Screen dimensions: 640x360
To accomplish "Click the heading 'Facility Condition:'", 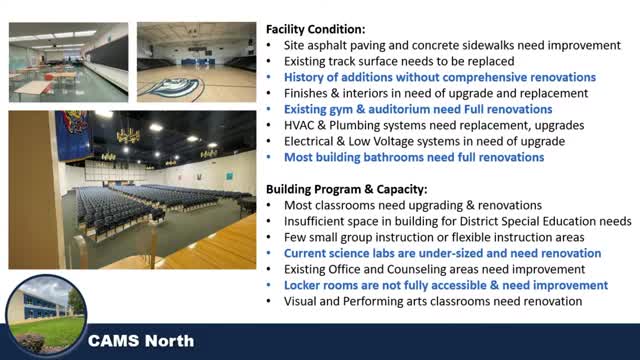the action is point(316,29).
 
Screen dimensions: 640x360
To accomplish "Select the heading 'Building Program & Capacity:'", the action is point(347,189).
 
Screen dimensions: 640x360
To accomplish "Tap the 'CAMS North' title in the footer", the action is point(141,341).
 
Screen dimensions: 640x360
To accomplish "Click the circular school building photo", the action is point(46,316).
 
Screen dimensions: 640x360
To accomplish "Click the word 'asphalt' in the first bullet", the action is point(320,46).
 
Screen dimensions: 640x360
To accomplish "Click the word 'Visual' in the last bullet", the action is point(299,301).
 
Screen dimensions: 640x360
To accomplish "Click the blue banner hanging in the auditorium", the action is point(73,135).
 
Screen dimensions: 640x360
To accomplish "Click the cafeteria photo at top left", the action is point(69,62).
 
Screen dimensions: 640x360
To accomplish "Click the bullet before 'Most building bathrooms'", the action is point(269,158).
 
